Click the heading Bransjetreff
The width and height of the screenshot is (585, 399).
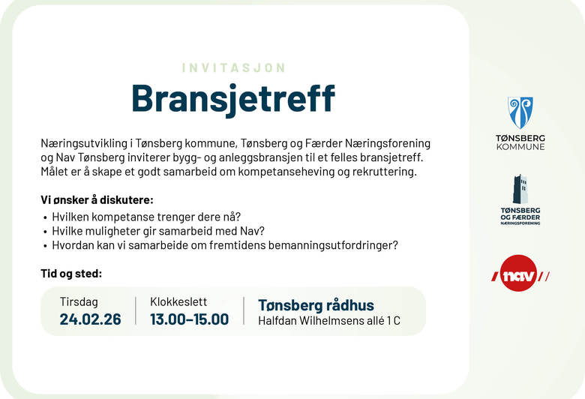pyautogui.click(x=233, y=97)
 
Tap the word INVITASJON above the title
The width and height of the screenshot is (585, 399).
pyautogui.click(x=233, y=67)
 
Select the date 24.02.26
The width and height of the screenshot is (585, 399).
pyautogui.click(x=90, y=319)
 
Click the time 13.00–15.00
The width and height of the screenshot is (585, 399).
pyautogui.click(x=189, y=319)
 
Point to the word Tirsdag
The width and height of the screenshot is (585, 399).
pyautogui.click(x=79, y=301)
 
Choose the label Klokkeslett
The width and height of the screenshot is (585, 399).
pyautogui.click(x=178, y=301)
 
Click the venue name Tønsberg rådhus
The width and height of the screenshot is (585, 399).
pyautogui.click(x=316, y=305)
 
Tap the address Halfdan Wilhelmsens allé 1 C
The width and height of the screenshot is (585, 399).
pyautogui.click(x=328, y=321)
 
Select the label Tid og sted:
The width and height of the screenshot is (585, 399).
pyautogui.click(x=71, y=274)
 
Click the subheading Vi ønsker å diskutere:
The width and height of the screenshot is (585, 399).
pyautogui.click(x=97, y=200)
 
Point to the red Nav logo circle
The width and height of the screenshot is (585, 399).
pyautogui.click(x=520, y=274)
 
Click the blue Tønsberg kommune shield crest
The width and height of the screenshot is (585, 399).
pyautogui.click(x=520, y=112)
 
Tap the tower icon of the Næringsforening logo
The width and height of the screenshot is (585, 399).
pyautogui.click(x=520, y=189)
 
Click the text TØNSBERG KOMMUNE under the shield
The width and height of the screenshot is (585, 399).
pyautogui.click(x=520, y=142)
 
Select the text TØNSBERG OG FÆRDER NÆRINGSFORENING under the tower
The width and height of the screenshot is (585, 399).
pyautogui.click(x=520, y=215)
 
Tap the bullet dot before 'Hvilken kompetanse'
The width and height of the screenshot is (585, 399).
pyautogui.click(x=46, y=217)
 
